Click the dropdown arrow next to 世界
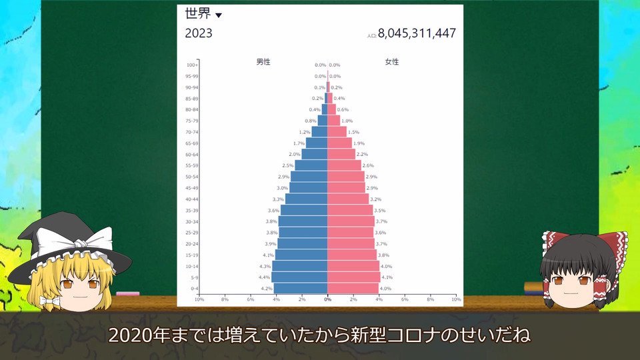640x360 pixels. (219, 15)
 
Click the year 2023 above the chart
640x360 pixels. (199, 33)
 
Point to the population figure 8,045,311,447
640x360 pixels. (417, 33)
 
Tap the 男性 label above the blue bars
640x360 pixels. (263, 61)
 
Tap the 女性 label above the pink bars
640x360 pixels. (392, 61)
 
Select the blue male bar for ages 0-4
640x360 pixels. (301, 288)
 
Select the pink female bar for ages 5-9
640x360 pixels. (353, 277)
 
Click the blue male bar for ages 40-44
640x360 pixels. (306, 199)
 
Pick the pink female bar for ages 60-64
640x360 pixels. (341, 154)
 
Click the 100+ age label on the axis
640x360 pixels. (192, 65)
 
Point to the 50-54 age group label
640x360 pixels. (192, 177)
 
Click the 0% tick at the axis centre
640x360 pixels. (327, 299)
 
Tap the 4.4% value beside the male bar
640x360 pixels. (265, 277)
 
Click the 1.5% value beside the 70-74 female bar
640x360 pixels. (353, 132)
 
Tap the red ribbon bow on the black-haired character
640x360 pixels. (585, 244)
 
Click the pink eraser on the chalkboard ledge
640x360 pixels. (128, 293)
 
